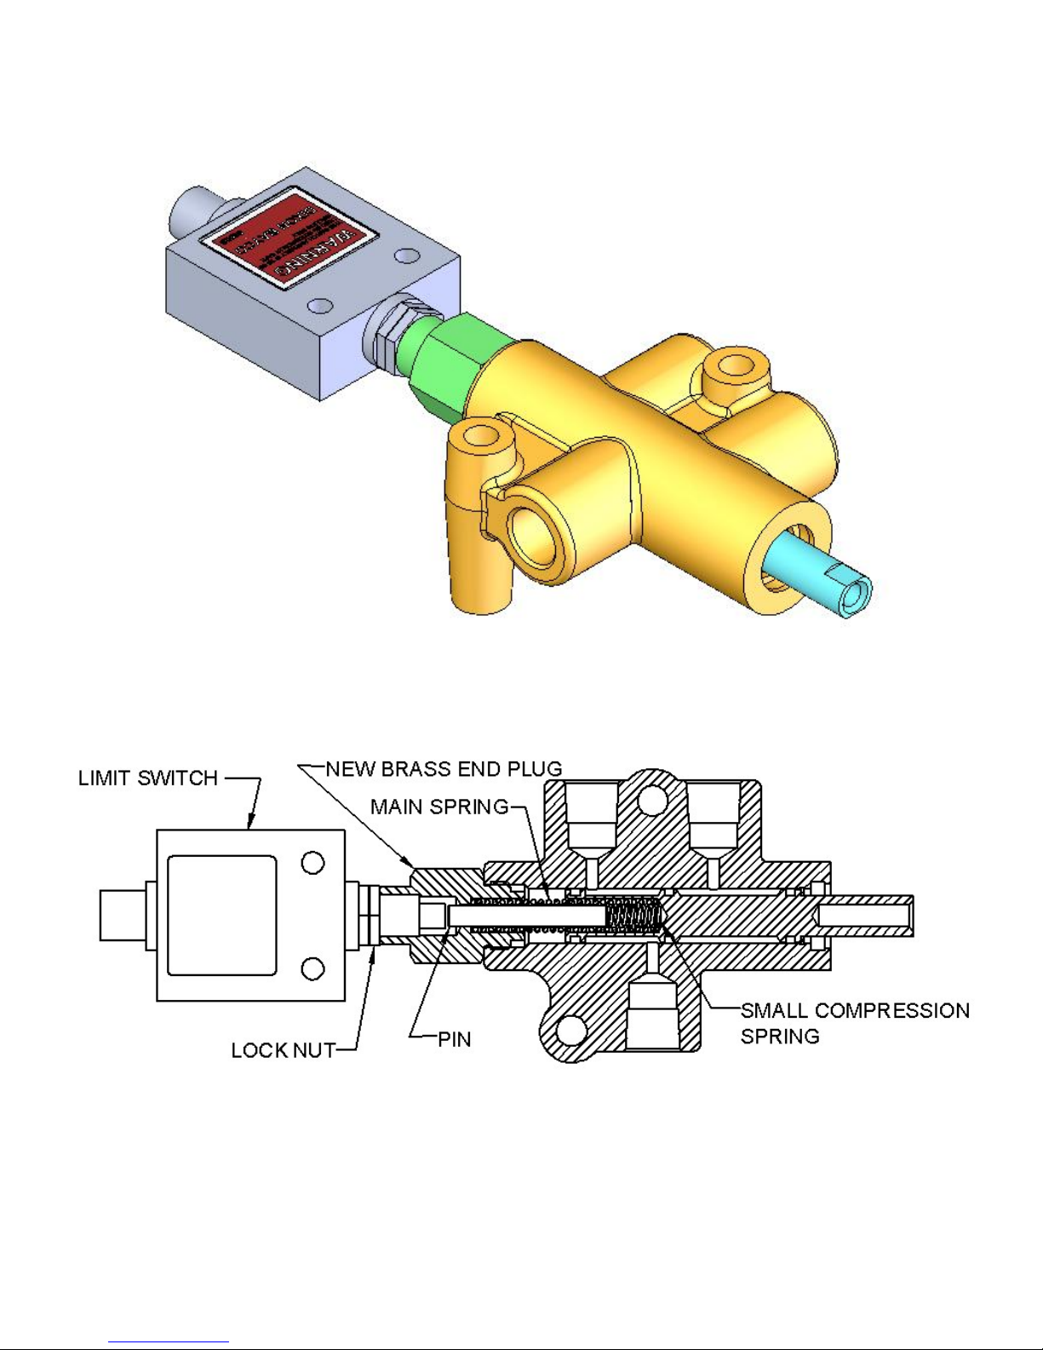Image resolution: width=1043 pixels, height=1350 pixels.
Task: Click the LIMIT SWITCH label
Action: tap(148, 778)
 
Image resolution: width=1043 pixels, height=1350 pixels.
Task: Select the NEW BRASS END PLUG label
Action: tap(444, 769)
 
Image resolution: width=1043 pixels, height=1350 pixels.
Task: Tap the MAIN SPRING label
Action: tap(439, 807)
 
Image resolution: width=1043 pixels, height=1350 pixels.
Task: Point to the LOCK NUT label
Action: tap(284, 1051)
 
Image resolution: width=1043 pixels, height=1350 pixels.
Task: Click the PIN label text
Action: tap(454, 1040)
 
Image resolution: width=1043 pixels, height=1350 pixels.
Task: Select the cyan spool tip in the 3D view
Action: tap(822, 578)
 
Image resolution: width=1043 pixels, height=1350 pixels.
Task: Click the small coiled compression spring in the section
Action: tap(635, 917)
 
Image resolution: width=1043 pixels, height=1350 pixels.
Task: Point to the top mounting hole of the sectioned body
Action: tap(652, 799)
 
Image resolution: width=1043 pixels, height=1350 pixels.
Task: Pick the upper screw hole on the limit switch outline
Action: tap(313, 863)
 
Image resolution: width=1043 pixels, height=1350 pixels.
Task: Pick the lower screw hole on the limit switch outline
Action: tap(313, 969)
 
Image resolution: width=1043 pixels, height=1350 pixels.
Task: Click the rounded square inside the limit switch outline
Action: tap(222, 916)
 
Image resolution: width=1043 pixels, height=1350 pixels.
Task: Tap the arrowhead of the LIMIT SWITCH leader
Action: tap(251, 825)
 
